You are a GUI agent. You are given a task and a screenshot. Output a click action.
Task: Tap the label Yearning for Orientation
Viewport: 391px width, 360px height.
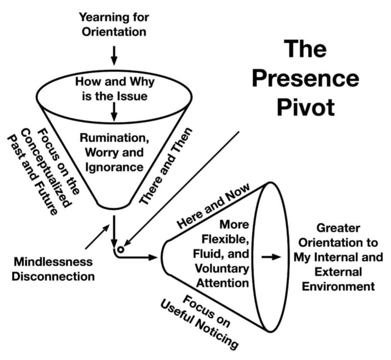point(114,24)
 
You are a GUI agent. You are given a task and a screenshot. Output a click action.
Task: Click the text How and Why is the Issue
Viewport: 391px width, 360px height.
point(115,89)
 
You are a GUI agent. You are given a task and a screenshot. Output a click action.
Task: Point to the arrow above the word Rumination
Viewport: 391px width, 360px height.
point(114,111)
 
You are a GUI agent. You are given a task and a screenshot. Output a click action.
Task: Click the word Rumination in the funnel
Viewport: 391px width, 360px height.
point(114,137)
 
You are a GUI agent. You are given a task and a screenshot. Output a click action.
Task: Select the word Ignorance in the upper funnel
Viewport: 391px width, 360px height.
point(114,167)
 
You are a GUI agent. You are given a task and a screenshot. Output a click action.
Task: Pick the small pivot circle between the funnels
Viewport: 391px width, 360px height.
point(120,250)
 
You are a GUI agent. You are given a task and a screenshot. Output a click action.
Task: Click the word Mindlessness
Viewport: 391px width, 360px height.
point(53,262)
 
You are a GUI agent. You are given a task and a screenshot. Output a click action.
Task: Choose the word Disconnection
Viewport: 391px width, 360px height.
point(53,276)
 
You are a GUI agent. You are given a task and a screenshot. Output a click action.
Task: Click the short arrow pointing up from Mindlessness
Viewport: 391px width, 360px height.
point(97,237)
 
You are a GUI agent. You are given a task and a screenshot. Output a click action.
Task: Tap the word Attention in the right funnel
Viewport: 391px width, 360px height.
point(222,283)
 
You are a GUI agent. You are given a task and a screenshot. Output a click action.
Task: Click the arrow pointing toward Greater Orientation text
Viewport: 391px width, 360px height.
point(271,257)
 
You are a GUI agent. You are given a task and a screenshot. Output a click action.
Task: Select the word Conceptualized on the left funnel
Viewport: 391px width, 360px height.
point(46,169)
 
